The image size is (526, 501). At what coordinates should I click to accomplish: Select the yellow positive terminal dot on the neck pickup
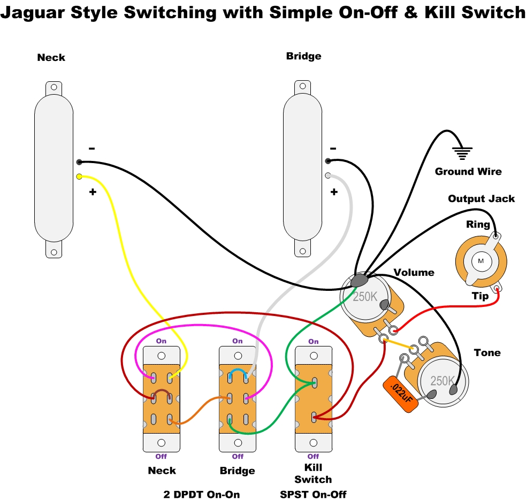click(79, 176)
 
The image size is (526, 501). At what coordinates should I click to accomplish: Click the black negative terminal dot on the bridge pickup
click(327, 160)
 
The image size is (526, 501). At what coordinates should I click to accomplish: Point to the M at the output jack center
click(480, 260)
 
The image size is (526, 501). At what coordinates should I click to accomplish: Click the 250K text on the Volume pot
click(365, 296)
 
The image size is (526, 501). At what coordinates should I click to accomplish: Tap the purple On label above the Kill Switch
click(314, 341)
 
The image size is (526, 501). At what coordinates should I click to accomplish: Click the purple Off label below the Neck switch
click(161, 456)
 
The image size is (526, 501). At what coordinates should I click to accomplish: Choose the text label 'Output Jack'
click(481, 199)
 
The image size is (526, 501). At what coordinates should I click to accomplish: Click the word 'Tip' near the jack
click(480, 296)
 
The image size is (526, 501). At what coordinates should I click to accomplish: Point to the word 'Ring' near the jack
click(478, 225)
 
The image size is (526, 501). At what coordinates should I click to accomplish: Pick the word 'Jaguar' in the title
click(32, 12)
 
